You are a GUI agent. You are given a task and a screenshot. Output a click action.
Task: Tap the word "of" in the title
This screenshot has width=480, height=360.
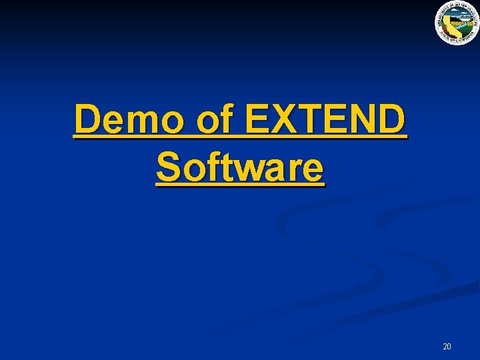(x=216, y=121)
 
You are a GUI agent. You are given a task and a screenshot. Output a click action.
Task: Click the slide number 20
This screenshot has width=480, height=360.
(x=447, y=347)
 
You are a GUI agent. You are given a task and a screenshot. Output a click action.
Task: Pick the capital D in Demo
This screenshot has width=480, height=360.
(x=89, y=121)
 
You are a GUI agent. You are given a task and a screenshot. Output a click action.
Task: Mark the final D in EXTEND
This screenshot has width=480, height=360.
(x=390, y=121)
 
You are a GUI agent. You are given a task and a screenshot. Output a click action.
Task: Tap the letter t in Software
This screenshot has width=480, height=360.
(x=225, y=167)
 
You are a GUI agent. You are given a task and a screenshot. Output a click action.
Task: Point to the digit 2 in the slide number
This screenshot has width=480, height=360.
(x=445, y=347)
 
